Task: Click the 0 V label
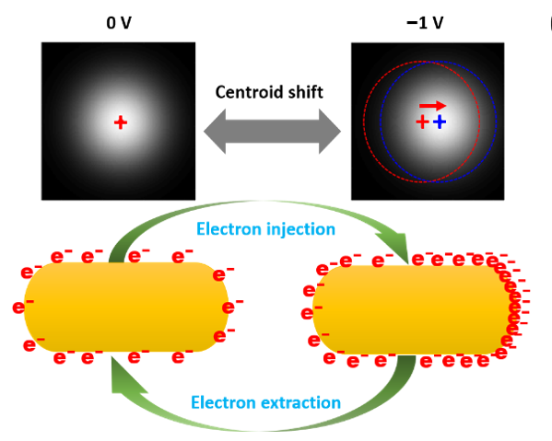(x=119, y=23)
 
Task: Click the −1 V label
(x=425, y=23)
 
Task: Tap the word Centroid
(x=249, y=92)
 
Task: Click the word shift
(x=306, y=92)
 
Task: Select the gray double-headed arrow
(x=272, y=131)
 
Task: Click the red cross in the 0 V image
(x=121, y=122)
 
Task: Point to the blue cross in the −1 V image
(x=440, y=122)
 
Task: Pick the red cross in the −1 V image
(x=422, y=122)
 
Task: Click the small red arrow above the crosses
(x=432, y=105)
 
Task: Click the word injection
(x=301, y=229)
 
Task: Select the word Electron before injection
(x=229, y=229)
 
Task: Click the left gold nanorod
(x=126, y=307)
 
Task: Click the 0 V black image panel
(x=118, y=122)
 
